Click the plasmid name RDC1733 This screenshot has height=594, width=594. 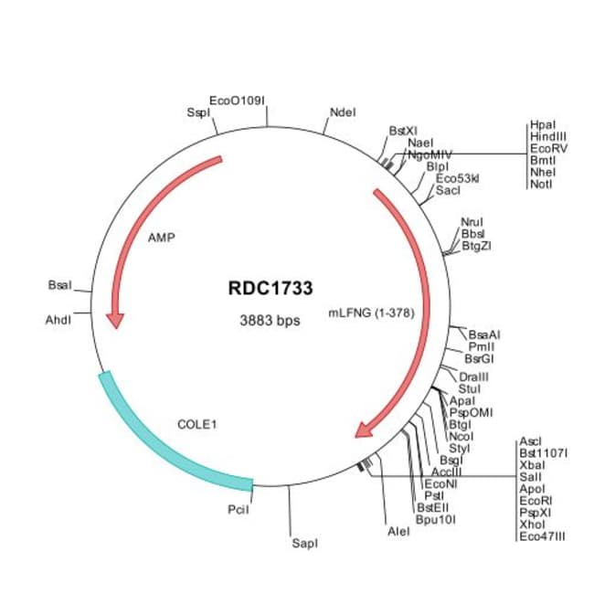point(270,288)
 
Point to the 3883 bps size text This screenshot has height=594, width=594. point(270,321)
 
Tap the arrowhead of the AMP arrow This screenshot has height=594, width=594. point(115,320)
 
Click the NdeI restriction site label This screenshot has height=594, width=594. point(341,112)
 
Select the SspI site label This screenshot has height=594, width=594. point(197,112)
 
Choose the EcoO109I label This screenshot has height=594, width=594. point(238,100)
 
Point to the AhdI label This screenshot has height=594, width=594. point(58,320)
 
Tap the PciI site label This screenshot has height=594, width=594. point(237,509)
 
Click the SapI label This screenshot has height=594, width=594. point(304,544)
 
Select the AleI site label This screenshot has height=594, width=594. point(398,531)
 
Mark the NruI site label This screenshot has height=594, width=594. point(472,222)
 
